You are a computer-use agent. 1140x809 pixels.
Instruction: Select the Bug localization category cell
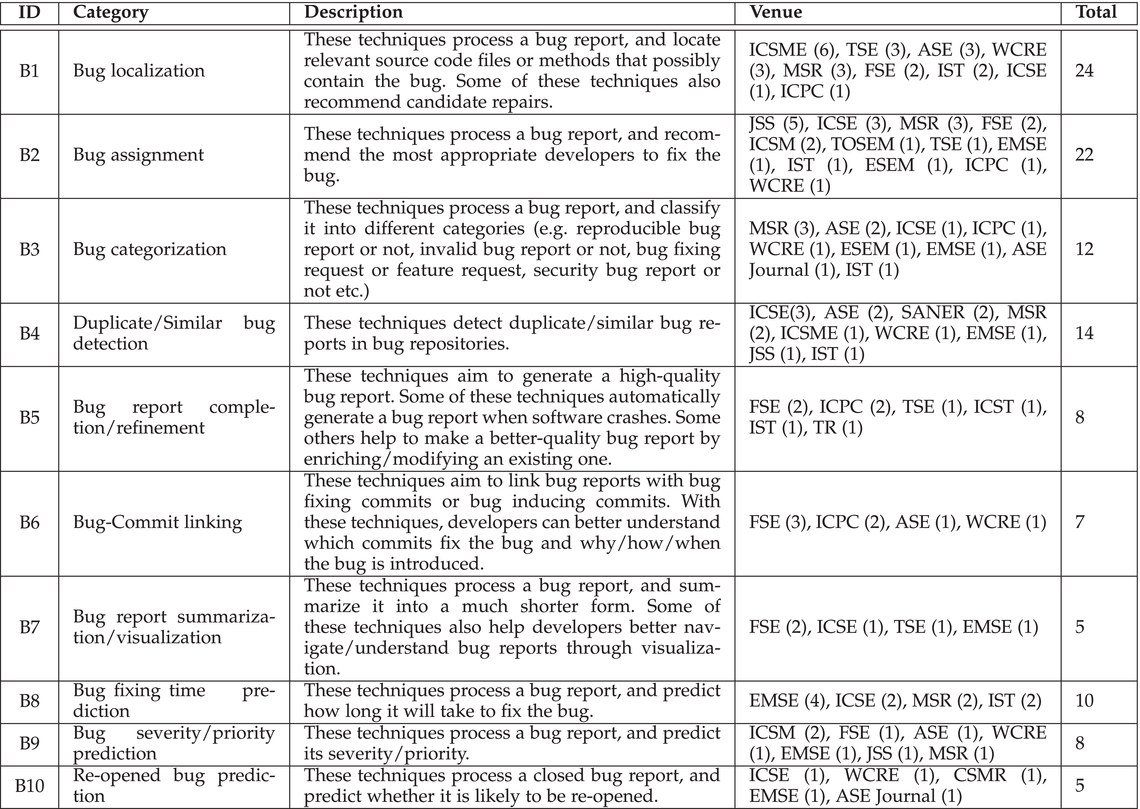139,71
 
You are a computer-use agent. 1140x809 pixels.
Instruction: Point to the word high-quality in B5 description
670,376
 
